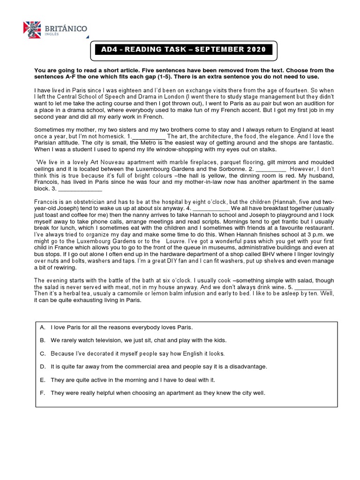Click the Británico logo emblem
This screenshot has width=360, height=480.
pos(32,30)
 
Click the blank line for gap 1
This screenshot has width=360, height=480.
pos(149,136)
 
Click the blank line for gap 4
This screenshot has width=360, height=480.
pos(211,208)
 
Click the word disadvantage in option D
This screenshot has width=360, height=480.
pos(248,367)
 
